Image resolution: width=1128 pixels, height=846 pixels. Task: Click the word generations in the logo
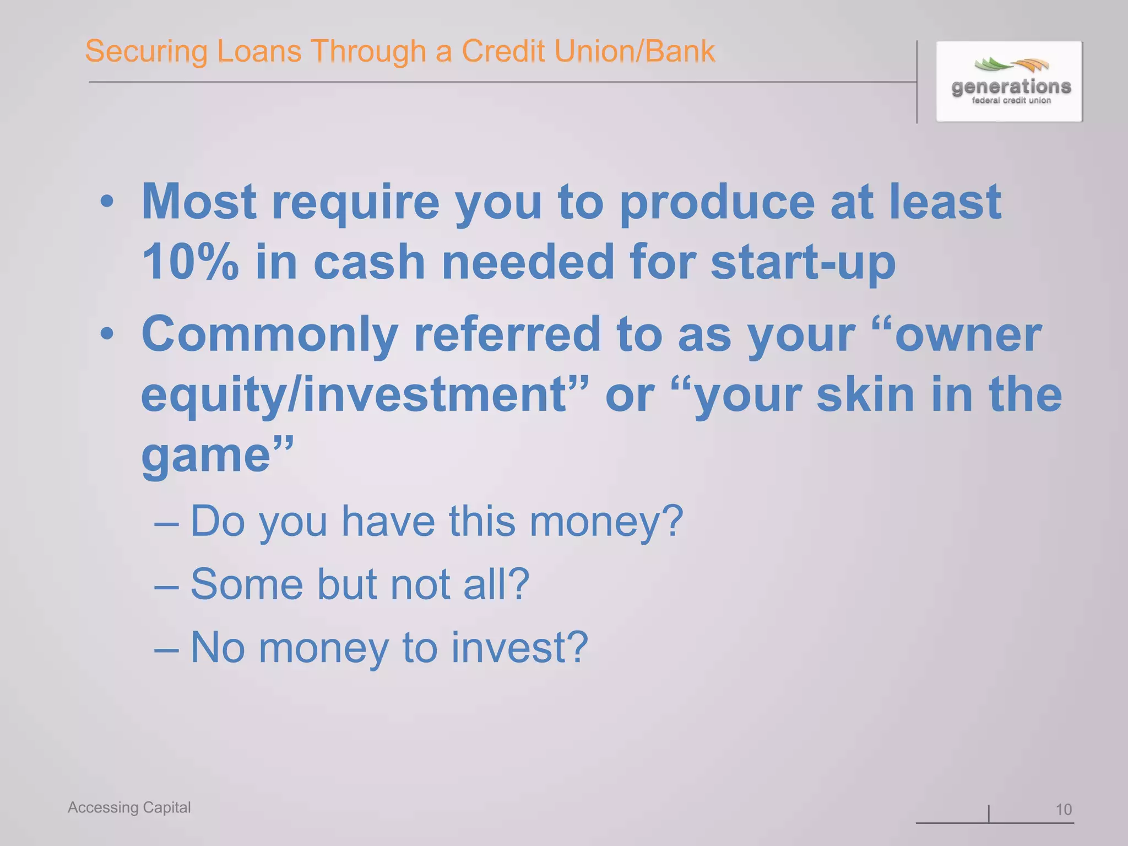1011,86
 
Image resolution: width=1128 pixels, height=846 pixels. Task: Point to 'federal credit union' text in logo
1011,101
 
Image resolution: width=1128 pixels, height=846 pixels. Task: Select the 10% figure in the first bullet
190,262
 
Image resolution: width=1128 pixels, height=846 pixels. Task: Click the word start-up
803,262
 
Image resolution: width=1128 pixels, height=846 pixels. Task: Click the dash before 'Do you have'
166,522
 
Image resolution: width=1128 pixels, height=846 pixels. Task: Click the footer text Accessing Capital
129,807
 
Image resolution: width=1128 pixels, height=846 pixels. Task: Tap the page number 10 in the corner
1063,809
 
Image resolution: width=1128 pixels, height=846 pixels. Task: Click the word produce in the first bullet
717,202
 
